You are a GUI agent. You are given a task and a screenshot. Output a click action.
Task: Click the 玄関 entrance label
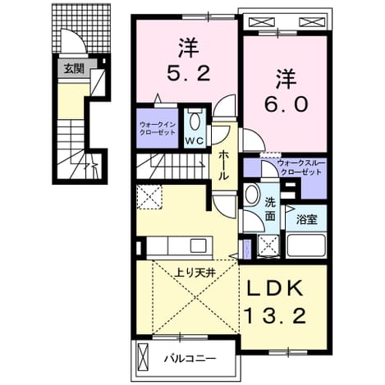pyautogui.click(x=74, y=69)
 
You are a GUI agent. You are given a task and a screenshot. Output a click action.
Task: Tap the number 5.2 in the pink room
pyautogui.click(x=189, y=73)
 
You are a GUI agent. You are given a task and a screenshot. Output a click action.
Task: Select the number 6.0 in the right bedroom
pyautogui.click(x=286, y=104)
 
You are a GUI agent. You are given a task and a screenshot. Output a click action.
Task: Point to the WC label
pyautogui.click(x=195, y=140)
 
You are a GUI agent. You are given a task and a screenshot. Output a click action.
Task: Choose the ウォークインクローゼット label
pyautogui.click(x=157, y=128)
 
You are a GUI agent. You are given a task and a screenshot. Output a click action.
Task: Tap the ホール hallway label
pyautogui.click(x=223, y=165)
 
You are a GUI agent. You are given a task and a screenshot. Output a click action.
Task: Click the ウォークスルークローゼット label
pyautogui.click(x=301, y=167)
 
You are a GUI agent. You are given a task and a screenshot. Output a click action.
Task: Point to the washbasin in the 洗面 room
pyautogui.click(x=251, y=195)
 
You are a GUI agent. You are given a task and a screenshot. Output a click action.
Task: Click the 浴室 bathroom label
pyautogui.click(x=307, y=219)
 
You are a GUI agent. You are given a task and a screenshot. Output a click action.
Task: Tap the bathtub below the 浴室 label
pyautogui.click(x=306, y=245)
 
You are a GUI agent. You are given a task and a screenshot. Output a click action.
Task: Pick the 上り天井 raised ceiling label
pyautogui.click(x=196, y=273)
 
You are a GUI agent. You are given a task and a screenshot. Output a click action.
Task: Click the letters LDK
pyautogui.click(x=276, y=288)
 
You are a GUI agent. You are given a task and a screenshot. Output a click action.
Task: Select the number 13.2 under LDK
pyautogui.click(x=275, y=315)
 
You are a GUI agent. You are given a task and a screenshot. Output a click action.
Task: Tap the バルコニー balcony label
pyautogui.click(x=190, y=358)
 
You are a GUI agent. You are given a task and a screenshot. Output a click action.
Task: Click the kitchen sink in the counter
pyautogui.click(x=199, y=245)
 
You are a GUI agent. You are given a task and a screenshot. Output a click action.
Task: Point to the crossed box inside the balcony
pyautogui.click(x=143, y=355)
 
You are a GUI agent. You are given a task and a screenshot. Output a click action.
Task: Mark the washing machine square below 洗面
pyautogui.click(x=268, y=245)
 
